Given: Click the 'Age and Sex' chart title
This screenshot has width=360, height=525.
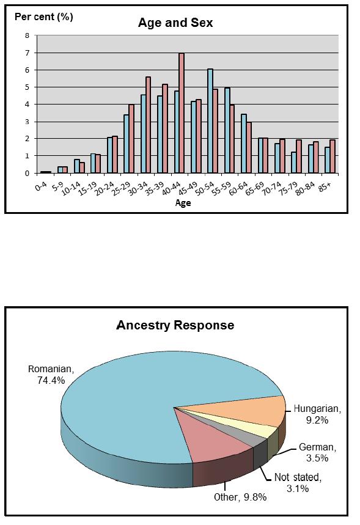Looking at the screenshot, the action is [175, 23].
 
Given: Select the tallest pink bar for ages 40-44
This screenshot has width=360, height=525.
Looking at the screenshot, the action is [182, 113].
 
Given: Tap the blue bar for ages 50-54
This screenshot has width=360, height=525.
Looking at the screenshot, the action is [210, 121].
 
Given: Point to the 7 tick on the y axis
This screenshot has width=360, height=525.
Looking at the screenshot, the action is [27, 53].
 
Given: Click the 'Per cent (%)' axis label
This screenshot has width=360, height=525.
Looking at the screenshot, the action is [44, 17].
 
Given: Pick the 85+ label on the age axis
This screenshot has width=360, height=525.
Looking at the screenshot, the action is [323, 188].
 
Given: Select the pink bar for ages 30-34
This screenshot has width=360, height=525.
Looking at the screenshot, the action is [148, 125].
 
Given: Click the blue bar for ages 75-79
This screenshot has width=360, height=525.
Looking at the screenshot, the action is [294, 163].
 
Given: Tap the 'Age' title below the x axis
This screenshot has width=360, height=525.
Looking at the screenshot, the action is [183, 202].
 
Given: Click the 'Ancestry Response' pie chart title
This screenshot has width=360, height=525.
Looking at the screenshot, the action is [175, 325].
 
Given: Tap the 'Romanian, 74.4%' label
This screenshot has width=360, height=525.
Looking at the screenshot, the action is [51, 374].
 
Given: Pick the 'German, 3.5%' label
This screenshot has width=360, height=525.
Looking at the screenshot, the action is [317, 452].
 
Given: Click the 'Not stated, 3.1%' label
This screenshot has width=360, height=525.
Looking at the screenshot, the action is [298, 483].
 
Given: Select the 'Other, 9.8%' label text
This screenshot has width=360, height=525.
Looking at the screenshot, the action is [240, 497].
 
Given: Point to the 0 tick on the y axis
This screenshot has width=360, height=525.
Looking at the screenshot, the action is [27, 174].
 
